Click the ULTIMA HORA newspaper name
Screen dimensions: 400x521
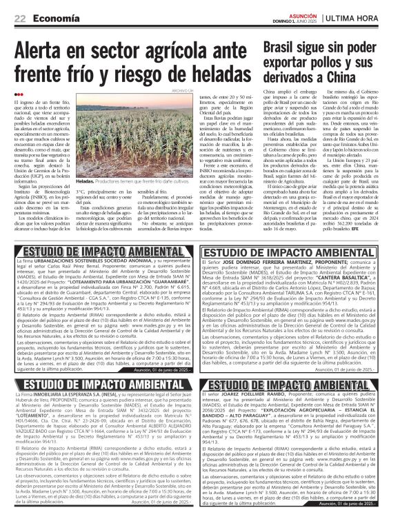point(369,18)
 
